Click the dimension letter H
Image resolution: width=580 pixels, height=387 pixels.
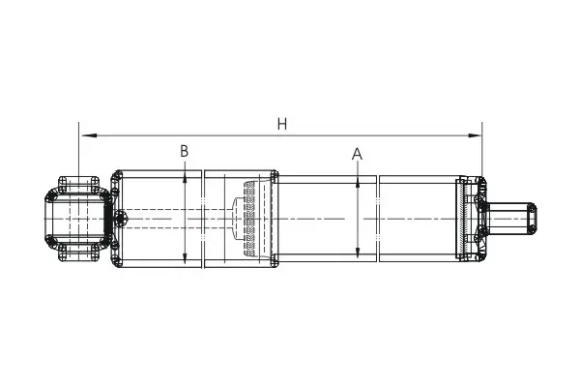pos(282,124)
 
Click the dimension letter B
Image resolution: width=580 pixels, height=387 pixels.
pos(185,151)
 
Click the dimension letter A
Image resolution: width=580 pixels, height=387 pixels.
pos(357,154)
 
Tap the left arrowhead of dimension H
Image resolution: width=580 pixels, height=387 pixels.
pos(89,135)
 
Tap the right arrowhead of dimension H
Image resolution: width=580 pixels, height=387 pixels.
pos(475,135)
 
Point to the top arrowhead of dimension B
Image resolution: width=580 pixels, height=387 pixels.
pos(185,178)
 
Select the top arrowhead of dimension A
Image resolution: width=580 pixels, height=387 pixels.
pos(358,182)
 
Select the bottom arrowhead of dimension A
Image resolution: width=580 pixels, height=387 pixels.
pos(358,252)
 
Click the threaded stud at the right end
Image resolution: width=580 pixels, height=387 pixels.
pos(509,219)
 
